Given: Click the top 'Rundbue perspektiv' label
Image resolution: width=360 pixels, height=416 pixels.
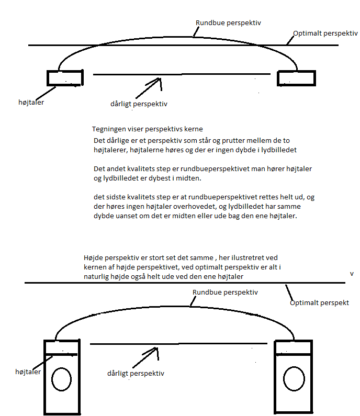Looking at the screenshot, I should coord(228,23).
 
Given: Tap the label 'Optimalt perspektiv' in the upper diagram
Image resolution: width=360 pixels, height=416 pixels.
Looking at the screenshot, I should coord(325,33).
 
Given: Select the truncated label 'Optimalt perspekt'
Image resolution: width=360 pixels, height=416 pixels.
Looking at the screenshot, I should coord(319,302).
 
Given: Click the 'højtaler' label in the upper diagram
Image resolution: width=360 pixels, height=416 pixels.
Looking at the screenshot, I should coord(31,102).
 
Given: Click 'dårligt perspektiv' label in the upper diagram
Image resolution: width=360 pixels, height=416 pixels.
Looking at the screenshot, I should coord(139,104).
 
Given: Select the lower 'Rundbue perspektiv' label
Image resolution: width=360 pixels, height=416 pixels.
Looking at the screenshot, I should coord(225,293).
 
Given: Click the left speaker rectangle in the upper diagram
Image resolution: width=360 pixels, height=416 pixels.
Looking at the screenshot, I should coord(65,78).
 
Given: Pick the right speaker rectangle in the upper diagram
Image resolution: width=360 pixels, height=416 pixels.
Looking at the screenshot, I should coord(296,78).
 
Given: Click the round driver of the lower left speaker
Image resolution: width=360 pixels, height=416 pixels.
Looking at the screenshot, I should coord(62,379).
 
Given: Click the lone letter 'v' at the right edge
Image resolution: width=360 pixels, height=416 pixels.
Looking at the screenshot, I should coord(352,273).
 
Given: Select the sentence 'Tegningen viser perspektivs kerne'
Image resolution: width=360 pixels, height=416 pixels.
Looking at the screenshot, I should coord(147,129).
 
